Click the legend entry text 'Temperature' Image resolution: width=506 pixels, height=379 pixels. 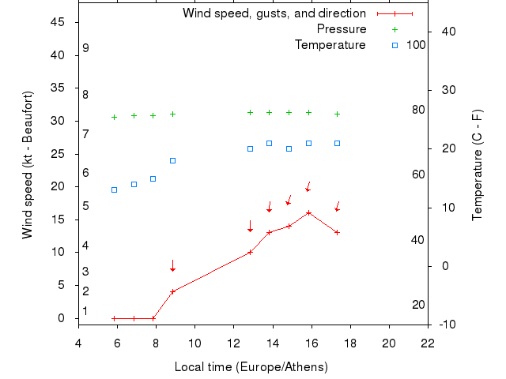[x=330, y=45]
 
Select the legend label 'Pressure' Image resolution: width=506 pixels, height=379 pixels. [x=342, y=29]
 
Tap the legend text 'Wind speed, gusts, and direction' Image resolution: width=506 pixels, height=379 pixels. [x=274, y=13]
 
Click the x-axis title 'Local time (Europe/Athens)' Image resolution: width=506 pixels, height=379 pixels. [x=251, y=367]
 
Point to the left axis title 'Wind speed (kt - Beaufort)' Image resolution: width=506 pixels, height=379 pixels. [x=28, y=165]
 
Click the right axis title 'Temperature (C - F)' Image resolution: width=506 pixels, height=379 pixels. [x=477, y=165]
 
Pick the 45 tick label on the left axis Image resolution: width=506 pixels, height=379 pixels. [x=58, y=22]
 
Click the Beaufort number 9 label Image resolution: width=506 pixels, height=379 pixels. [x=85, y=49]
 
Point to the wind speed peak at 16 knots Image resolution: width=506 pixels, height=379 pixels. [x=308, y=212]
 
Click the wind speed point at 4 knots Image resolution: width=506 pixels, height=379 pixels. [x=172, y=291]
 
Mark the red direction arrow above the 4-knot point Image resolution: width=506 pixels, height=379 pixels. [x=172, y=266]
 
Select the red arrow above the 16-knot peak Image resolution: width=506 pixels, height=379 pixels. [x=308, y=186]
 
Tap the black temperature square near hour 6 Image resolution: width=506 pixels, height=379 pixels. [x=114, y=189]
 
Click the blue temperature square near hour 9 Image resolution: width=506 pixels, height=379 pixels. [x=172, y=160]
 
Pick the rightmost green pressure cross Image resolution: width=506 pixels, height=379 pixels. [x=338, y=114]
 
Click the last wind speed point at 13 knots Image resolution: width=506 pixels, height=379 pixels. [x=338, y=232]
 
